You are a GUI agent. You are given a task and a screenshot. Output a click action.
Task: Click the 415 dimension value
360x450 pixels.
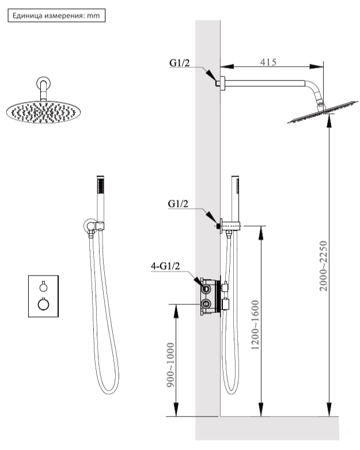coord(268,62)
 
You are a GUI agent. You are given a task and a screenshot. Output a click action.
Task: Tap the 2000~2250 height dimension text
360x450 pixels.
coord(324,266)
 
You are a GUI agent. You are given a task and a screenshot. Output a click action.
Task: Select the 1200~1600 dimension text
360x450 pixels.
coord(255,325)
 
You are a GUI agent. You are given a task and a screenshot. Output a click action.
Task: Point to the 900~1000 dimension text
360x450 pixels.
coord(170,365)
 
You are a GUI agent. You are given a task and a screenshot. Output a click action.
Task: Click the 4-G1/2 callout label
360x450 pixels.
coord(165,266)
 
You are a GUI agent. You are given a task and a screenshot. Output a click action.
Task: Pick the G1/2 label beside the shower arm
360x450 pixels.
coord(180,63)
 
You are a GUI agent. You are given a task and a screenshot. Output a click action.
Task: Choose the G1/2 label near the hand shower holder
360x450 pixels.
coord(178,204)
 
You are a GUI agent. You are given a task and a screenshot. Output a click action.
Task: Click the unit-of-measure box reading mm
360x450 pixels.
coord(56,16)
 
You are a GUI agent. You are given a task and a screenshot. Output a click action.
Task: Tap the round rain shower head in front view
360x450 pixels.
coord(43,112)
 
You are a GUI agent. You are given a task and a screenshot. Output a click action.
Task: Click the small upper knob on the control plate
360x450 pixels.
coord(43,287)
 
